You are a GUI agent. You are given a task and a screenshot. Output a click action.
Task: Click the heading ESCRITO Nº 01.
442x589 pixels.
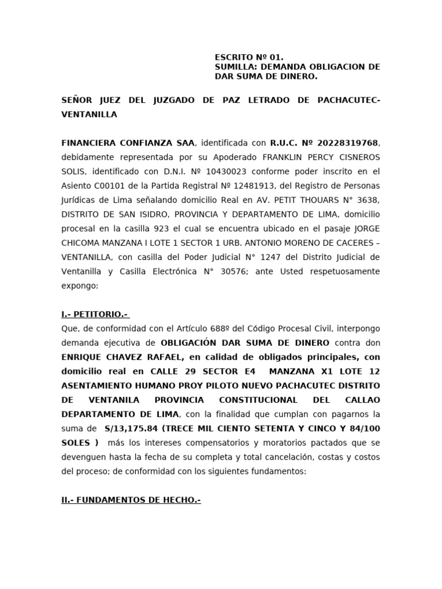[249, 58]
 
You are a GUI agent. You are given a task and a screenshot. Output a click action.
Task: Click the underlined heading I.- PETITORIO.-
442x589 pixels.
[95, 314]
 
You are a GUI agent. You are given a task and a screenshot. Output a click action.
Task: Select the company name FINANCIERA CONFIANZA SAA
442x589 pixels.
[129, 143]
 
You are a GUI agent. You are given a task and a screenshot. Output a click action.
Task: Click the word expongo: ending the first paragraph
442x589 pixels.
[80, 285]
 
